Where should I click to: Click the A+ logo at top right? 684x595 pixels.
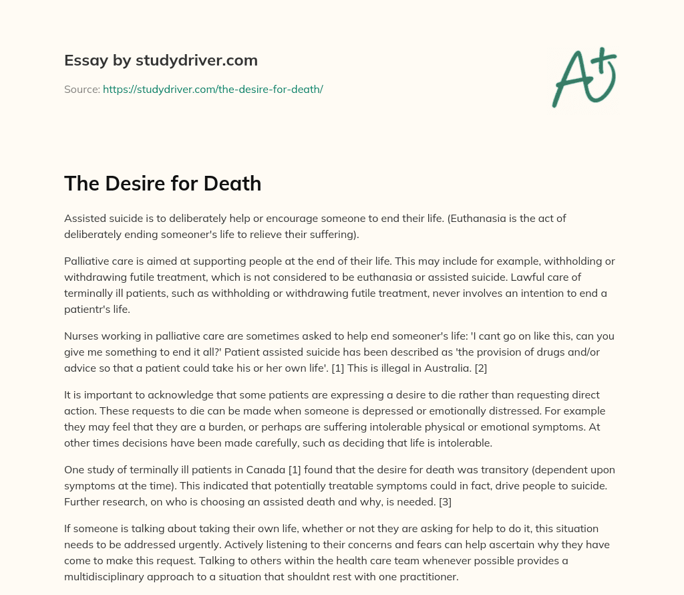pyautogui.click(x=583, y=77)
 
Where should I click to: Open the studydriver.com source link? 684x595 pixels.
pyautogui.click(x=212, y=89)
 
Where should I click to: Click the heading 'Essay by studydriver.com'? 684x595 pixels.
pyautogui.click(x=160, y=60)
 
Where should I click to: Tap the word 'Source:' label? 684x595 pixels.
pyautogui.click(x=81, y=89)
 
